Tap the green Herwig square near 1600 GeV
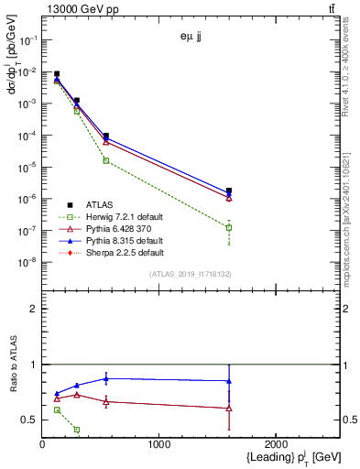228,227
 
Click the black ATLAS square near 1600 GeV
228,191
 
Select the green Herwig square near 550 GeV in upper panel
106,160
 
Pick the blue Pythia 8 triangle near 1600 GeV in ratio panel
228,381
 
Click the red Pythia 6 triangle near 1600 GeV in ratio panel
228,408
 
